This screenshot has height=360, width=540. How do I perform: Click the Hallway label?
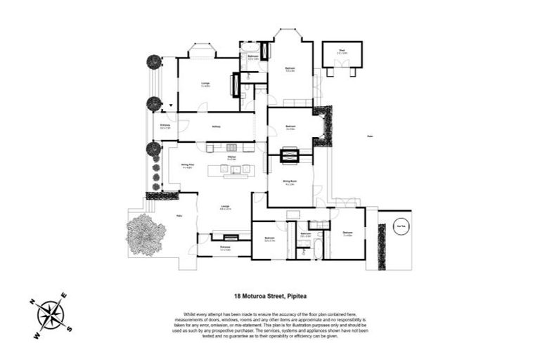click(217, 127)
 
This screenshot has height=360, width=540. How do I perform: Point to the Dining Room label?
click(289, 182)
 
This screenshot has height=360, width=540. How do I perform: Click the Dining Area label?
click(188, 167)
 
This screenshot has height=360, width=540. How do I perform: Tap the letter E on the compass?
click(63, 295)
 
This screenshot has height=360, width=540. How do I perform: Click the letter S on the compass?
click(68, 328)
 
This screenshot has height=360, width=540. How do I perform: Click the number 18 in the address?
click(237, 297)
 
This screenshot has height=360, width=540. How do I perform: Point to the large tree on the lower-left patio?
click(146, 232)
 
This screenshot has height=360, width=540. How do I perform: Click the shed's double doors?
click(342, 65)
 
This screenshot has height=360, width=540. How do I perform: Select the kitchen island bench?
click(233, 169)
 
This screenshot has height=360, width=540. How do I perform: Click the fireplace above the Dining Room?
click(290, 156)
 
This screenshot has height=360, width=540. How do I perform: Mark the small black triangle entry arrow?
click(170, 105)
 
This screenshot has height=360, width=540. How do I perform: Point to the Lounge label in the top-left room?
click(205, 84)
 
